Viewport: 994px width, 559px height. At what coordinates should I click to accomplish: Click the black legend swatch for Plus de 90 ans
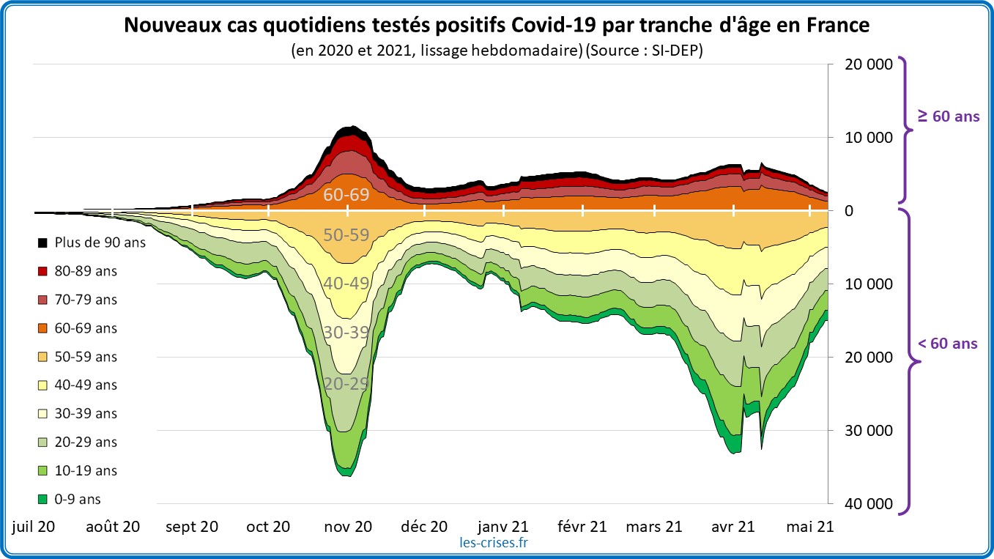tap(42, 243)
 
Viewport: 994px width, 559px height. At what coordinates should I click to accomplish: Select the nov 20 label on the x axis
tap(347, 526)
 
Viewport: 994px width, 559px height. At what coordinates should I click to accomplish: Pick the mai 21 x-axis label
tap(808, 526)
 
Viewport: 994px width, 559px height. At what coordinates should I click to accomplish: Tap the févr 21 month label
tap(582, 526)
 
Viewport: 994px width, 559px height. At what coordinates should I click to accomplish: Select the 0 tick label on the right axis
tap(849, 211)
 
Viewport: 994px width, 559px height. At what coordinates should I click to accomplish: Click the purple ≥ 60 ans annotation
tap(949, 116)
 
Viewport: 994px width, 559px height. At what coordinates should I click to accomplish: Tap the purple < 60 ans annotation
tap(949, 343)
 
